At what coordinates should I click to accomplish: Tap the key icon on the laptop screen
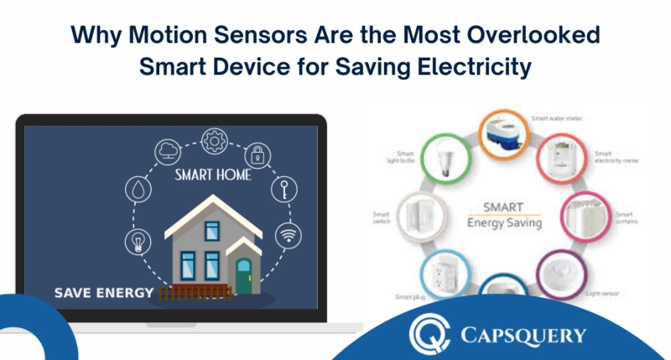283,190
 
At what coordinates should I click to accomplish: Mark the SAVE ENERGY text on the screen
104,293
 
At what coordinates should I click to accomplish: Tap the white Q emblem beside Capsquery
428,333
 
